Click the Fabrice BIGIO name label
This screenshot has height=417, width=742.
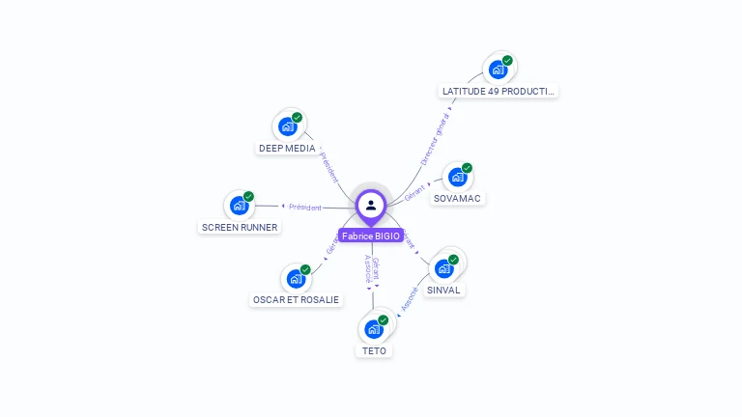371,236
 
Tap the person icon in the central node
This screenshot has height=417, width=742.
371,205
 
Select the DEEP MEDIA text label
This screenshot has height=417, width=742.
287,149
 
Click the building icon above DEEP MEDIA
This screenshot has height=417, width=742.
287,126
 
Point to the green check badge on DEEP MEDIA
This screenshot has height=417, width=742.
297,118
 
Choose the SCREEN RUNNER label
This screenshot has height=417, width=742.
240,228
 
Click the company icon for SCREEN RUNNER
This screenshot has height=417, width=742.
239,206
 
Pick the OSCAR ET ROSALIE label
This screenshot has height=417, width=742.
296,300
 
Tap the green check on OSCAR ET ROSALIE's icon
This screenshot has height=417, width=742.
305,270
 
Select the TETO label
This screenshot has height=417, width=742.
374,351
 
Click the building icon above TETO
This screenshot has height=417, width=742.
373,328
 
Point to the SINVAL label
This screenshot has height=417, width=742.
444,290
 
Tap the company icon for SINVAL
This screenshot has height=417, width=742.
443,267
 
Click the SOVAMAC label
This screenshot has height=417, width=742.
457,199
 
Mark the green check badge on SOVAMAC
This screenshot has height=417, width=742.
467,168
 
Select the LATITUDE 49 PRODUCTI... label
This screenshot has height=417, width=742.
499,92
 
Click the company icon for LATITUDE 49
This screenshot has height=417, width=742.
498,69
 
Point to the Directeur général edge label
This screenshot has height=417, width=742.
435,139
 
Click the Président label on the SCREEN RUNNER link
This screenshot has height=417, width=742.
304,207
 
